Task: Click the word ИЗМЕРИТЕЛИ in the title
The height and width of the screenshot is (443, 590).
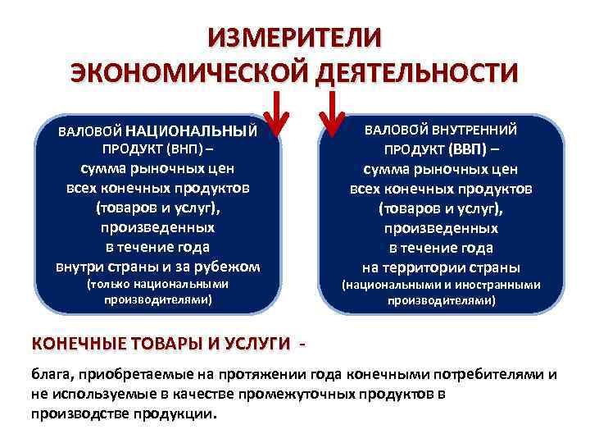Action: click(x=294, y=39)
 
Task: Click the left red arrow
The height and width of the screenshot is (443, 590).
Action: click(x=279, y=114)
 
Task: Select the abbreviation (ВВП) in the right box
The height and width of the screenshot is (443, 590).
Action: click(x=466, y=150)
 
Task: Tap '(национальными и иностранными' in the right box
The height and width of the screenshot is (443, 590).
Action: click(x=442, y=285)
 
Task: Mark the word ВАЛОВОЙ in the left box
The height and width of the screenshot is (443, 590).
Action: click(x=91, y=131)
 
